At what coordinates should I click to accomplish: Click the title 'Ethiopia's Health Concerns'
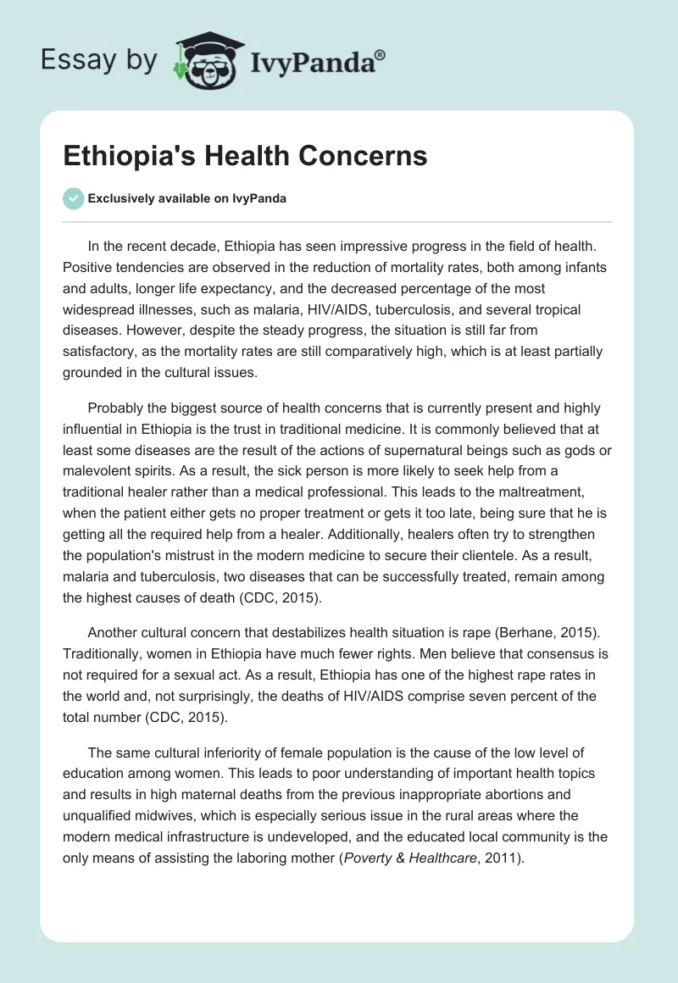246,157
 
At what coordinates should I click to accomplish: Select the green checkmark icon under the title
74,198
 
